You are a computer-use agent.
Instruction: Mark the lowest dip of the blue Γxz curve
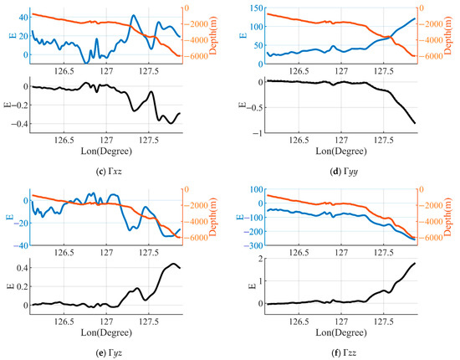tap(88, 62)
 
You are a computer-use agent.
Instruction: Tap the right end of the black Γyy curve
tap(416, 123)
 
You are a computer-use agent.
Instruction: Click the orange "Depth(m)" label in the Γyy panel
tap(454, 33)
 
